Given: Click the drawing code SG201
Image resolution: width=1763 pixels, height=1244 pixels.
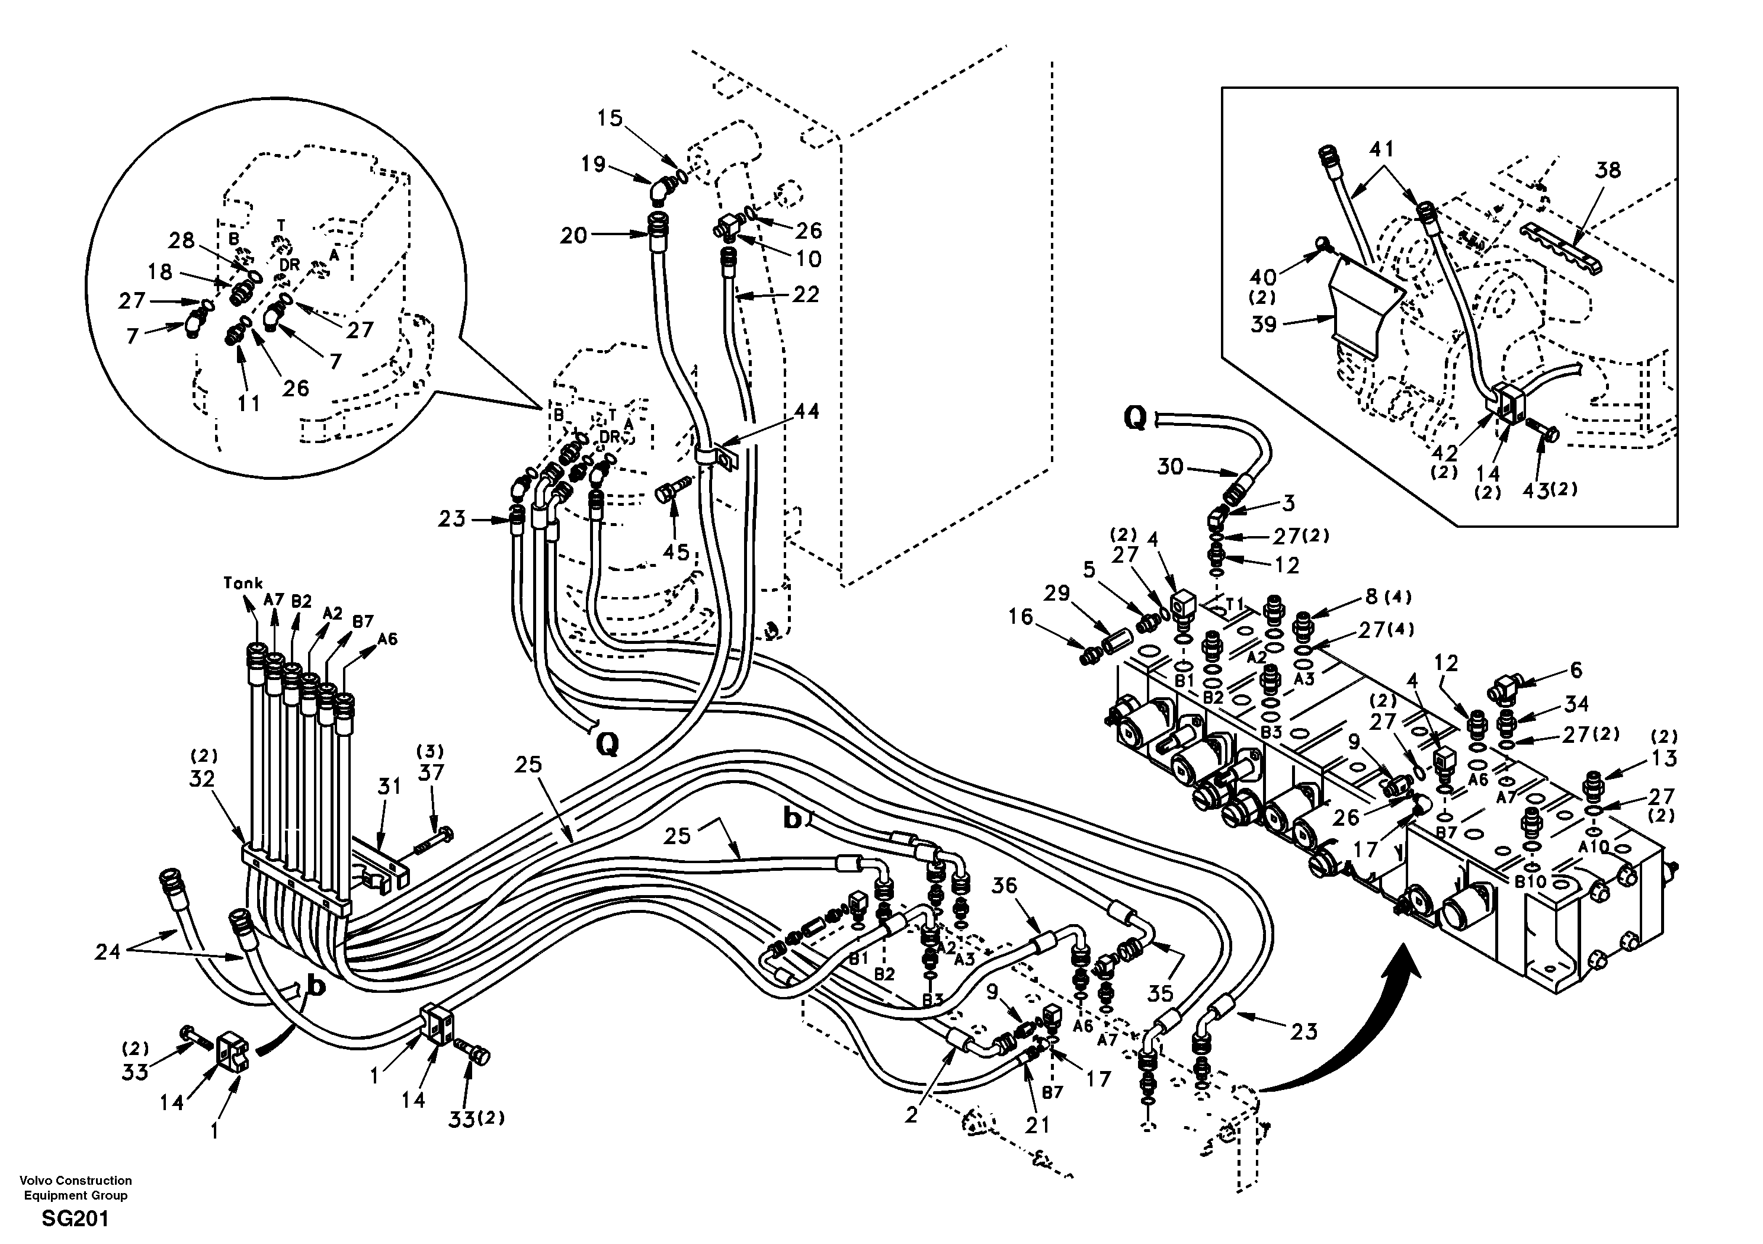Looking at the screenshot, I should tap(75, 1219).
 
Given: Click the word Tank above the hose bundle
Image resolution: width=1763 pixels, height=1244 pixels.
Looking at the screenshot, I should tap(243, 583).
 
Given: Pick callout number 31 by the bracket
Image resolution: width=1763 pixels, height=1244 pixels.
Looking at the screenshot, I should tap(389, 787).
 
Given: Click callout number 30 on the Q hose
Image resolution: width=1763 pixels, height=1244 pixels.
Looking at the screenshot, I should tap(1169, 466).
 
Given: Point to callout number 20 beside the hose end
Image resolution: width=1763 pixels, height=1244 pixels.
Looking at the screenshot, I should tap(573, 236).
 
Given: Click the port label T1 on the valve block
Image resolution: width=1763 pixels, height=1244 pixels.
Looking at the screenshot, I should tap(1233, 605).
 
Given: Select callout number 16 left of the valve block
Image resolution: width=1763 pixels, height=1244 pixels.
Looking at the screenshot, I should tap(1021, 617).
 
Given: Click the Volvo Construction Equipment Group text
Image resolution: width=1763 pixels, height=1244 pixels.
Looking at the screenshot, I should tap(75, 1187).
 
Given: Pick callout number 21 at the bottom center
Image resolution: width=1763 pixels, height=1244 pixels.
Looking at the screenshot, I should tap(1037, 1125).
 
